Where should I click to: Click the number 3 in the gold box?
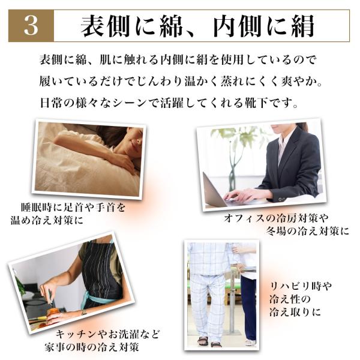coord(31,26)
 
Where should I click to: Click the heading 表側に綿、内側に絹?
coord(197,26)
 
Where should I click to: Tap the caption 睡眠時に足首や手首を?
coord(73,208)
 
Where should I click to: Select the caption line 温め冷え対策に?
coord(47,220)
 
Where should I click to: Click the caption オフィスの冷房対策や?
coord(276,218)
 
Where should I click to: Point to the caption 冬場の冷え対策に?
coord(308,231)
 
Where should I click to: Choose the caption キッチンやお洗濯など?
coord(107,334)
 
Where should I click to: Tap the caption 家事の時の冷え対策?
coord(92,347)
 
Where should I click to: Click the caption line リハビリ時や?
coord(301,286)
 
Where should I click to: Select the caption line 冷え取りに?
coord(295,312)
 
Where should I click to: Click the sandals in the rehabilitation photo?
coord(209,341)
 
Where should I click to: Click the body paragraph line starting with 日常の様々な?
coord(169,103)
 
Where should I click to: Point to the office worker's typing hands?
coord(244,196)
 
